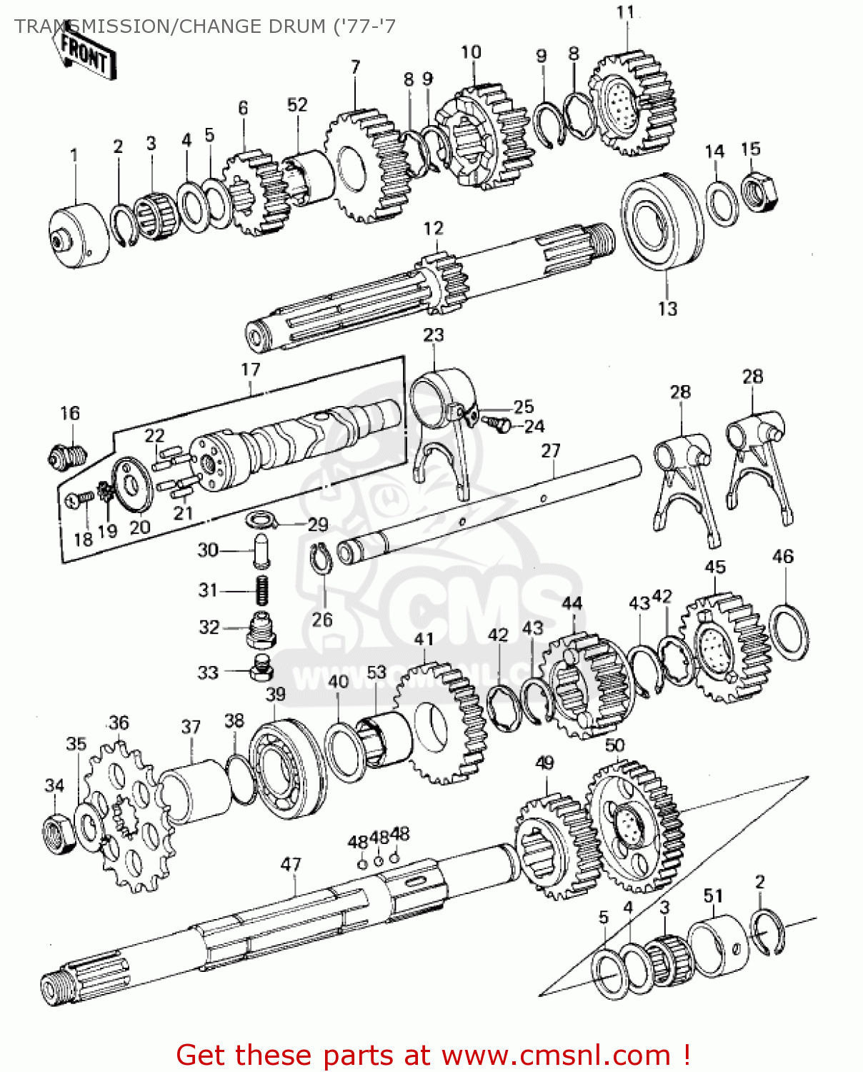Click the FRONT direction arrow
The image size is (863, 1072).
coord(84,53)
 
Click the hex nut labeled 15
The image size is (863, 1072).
coord(759,192)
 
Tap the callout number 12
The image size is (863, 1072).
coord(433,229)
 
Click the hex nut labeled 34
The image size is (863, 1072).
coord(59,833)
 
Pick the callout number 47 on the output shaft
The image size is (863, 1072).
coord(291,865)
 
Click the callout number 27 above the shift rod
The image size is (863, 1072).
coord(551,451)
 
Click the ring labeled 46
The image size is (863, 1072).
coord(789,632)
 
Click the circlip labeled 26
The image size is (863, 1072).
coord(321,557)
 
